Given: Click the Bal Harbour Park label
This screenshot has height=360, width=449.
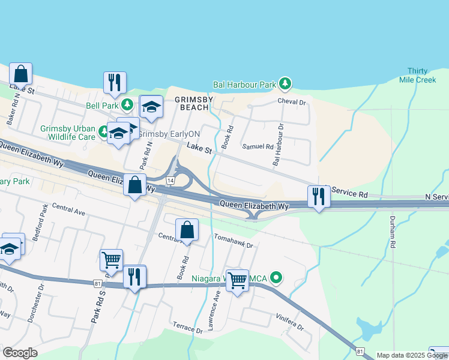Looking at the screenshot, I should pos(244,85).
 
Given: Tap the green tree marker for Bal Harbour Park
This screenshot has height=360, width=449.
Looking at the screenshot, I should pos(287,83).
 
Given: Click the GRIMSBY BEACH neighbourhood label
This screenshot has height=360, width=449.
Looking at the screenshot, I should pos(192,103).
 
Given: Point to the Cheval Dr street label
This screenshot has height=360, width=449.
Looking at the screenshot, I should pos(292,102).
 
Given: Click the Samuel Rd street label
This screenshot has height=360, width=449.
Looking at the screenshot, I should pos(258,146).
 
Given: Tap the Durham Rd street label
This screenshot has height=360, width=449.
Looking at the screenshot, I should pos(393,232).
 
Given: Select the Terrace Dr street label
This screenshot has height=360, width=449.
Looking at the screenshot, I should pos(187,327).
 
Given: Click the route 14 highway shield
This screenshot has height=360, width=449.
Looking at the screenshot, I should pos(171,180).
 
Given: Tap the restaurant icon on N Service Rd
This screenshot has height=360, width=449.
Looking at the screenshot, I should pos(318,196).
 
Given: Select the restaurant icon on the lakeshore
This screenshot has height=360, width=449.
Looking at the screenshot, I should pos(114,82).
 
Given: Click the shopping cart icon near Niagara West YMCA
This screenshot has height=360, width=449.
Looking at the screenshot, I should pos(237,280).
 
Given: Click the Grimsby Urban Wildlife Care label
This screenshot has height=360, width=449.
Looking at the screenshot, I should pos(68,133).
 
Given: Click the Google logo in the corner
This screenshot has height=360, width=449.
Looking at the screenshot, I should pos(20,353).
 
